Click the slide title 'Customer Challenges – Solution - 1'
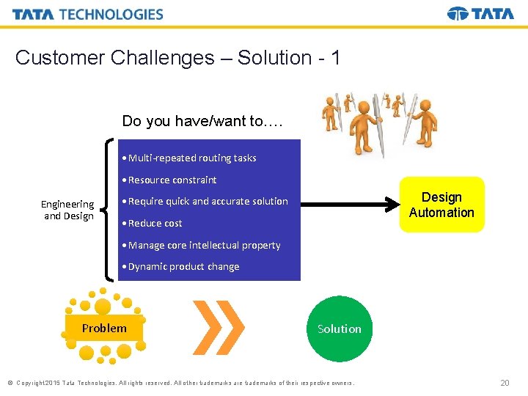177,58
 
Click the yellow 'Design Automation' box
441,205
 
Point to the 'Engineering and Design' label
67,210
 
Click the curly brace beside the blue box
109,210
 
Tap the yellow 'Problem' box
104,329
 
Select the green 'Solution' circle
339,329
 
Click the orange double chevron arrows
218,328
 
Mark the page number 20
504,383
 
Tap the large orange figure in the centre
364,122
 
